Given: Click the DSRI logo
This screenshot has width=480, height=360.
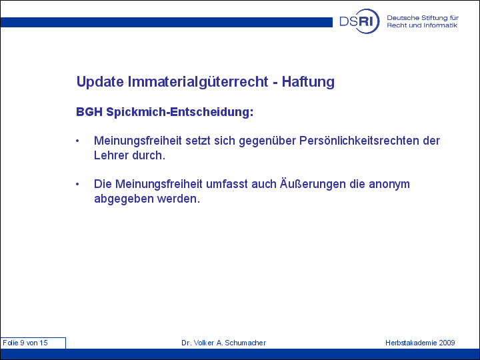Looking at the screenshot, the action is pyautogui.click(x=359, y=21).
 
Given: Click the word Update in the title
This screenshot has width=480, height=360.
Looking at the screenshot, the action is pyautogui.click(x=100, y=82).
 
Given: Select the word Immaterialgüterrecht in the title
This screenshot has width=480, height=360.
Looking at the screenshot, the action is pyautogui.click(x=198, y=82).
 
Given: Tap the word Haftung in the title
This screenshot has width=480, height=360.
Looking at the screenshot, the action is pyautogui.click(x=308, y=82).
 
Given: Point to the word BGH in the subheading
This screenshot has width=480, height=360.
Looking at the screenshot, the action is pyautogui.click(x=89, y=112).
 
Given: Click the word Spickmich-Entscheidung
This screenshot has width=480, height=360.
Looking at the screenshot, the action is pyautogui.click(x=180, y=112).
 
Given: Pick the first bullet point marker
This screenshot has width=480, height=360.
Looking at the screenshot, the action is pyautogui.click(x=77, y=141).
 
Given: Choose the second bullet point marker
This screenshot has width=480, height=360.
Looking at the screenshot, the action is pyautogui.click(x=77, y=184).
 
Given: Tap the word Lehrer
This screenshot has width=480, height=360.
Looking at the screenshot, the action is pyautogui.click(x=111, y=155).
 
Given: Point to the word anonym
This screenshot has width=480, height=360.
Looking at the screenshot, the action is pyautogui.click(x=389, y=185).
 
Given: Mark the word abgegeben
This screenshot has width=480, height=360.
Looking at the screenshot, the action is pyautogui.click(x=124, y=199).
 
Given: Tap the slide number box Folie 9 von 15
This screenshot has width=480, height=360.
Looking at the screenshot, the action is pyautogui.click(x=33, y=343).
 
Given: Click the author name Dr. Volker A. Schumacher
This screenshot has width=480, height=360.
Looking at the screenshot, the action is pyautogui.click(x=224, y=343).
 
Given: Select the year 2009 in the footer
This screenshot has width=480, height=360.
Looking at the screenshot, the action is pyautogui.click(x=447, y=343).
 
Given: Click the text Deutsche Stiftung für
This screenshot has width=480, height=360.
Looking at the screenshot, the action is pyautogui.click(x=423, y=18).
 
